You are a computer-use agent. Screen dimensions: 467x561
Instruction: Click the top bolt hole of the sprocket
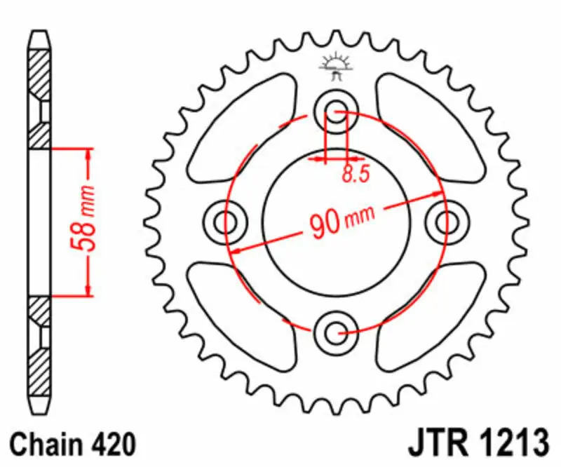pos(335,111)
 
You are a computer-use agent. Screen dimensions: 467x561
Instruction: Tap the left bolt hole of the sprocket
pos(225,222)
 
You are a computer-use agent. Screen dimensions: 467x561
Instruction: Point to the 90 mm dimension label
pos(337,223)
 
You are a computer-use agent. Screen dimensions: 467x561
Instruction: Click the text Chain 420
pos(73,444)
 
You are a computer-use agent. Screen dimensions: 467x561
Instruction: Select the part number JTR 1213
pos(476,444)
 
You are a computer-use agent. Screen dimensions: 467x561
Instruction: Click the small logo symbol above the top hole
pos(334,62)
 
